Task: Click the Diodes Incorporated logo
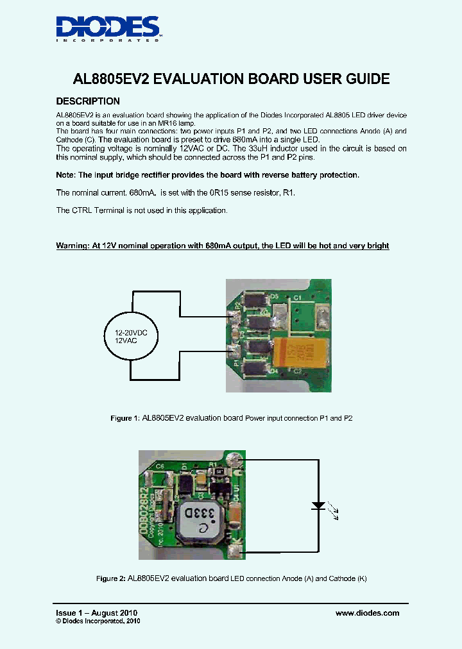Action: pos(108,28)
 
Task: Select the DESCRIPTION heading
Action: pos(88,101)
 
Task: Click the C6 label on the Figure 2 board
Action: pos(160,467)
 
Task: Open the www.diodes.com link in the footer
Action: pos(367,613)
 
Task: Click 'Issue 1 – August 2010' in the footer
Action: pos(96,613)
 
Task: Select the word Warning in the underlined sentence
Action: pos(74,246)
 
